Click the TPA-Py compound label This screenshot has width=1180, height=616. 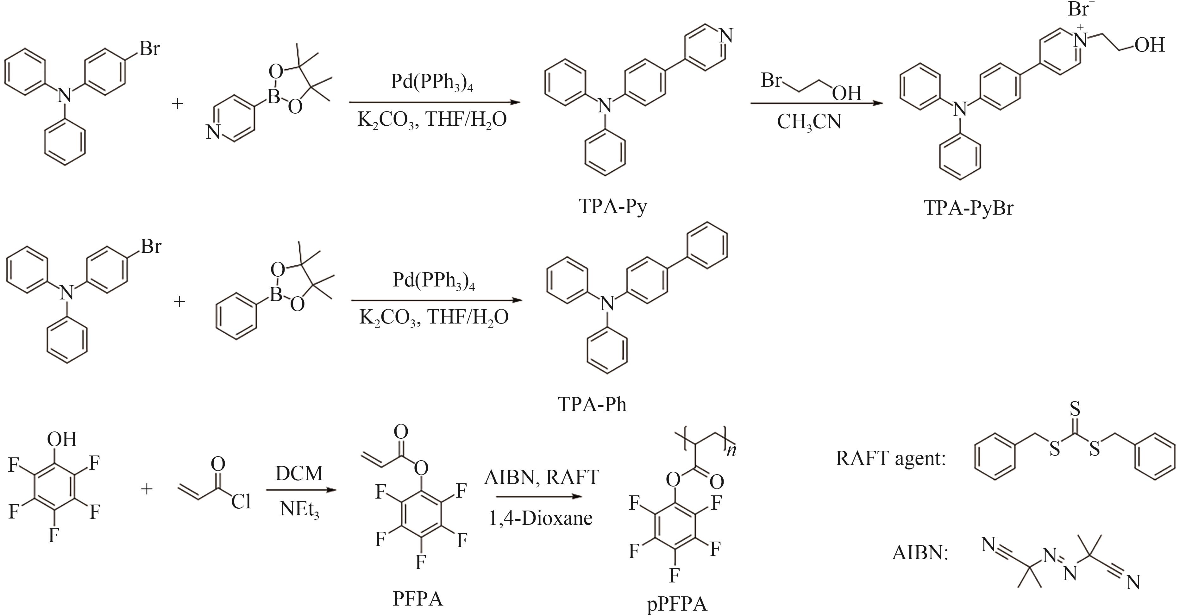pyautogui.click(x=612, y=207)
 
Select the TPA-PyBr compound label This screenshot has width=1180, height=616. pyautogui.click(x=968, y=208)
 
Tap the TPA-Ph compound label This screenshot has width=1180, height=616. pyautogui.click(x=592, y=405)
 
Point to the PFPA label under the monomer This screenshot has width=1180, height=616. pyautogui.click(x=418, y=599)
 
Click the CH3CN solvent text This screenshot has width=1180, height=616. pyautogui.click(x=809, y=122)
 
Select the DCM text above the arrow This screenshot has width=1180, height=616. pyautogui.click(x=299, y=473)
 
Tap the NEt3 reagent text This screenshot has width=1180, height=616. pyautogui.click(x=299, y=509)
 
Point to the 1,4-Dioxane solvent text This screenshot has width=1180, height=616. pyautogui.click(x=541, y=518)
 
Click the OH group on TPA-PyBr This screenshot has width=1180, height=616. pyautogui.click(x=1149, y=45)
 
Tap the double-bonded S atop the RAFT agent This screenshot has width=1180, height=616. pyautogui.click(x=1075, y=409)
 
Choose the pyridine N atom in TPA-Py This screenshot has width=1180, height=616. pyautogui.click(x=726, y=35)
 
